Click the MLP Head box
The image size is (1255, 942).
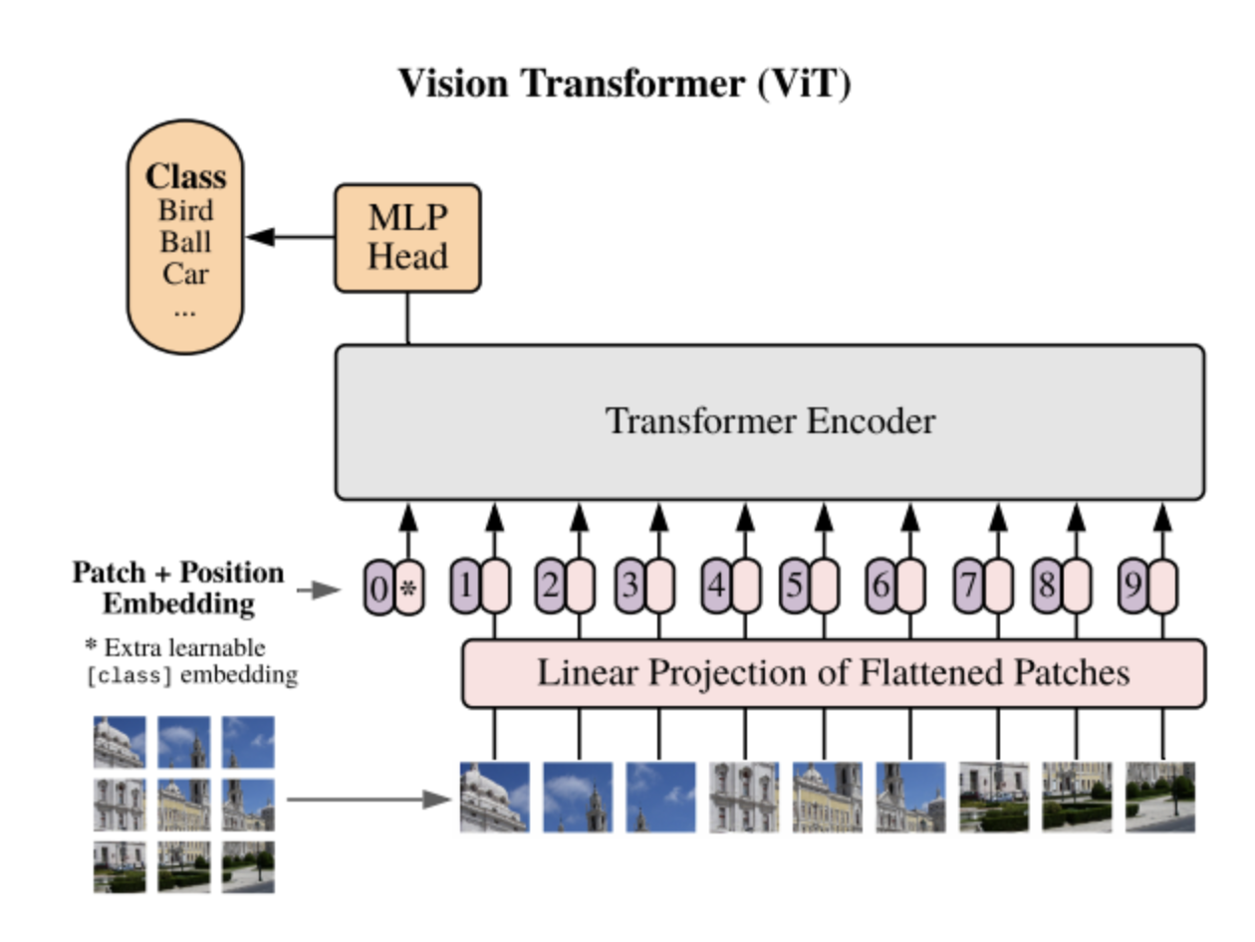[407, 239]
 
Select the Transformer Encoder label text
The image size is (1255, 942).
[770, 421]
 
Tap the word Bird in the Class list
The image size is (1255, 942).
[185, 211]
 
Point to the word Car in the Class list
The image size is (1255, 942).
[185, 273]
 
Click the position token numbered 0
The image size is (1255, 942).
[378, 589]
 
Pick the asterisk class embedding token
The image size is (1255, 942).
[408, 589]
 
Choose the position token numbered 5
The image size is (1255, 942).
[794, 586]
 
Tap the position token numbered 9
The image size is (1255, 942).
[1132, 586]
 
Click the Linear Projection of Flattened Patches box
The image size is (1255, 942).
[833, 673]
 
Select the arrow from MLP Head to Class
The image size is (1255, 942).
[289, 237]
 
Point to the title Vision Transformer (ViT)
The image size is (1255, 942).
[625, 83]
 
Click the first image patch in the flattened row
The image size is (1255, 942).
[494, 797]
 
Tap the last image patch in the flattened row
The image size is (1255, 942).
[1159, 797]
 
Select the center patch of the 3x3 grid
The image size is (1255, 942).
[183, 805]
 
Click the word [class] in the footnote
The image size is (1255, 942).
[129, 675]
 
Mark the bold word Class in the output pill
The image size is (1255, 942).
[185, 177]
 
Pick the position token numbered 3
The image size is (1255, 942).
[628, 586]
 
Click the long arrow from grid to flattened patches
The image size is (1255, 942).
[369, 799]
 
